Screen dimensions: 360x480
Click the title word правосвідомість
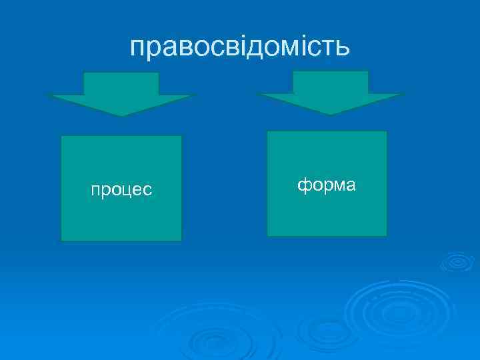click(x=239, y=47)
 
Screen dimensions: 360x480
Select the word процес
click(x=121, y=190)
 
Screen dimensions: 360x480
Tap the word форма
click(x=327, y=185)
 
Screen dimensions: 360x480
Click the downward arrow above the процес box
click(x=121, y=94)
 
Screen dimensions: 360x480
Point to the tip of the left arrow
click(x=121, y=115)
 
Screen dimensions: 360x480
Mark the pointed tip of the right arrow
click(x=331, y=114)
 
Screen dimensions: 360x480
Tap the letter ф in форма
click(x=303, y=185)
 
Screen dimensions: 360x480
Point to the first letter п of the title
click(x=138, y=48)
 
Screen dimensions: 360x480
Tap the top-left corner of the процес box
click(x=61, y=137)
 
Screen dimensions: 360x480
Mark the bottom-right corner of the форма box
click(x=386, y=235)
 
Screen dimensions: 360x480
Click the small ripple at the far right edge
click(x=457, y=261)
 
